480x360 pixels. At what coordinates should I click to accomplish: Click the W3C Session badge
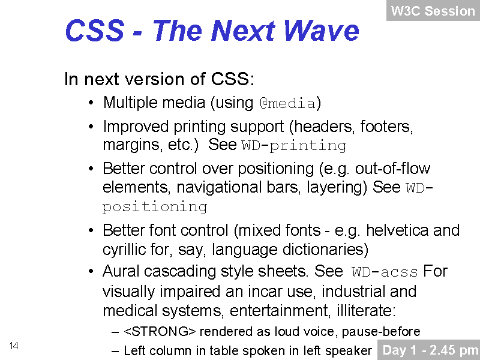pos(433,11)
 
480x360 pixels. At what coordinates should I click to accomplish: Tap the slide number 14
pos(14,346)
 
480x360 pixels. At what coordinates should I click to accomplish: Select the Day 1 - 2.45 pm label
pos(428,350)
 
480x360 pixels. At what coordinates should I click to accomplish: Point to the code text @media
pos(287,103)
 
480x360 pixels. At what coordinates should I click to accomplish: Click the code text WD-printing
pos(294,146)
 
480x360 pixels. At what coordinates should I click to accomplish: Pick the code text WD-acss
pos(385,272)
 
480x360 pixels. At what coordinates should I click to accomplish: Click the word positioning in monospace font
pos(155,207)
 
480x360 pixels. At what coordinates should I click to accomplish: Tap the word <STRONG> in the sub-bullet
pos(160,332)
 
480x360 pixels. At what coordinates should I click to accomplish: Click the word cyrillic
pos(124,250)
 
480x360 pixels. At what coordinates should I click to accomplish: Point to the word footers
pos(386,127)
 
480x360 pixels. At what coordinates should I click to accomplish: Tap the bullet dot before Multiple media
pos(91,103)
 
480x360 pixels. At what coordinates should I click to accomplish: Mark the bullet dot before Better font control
pos(91,231)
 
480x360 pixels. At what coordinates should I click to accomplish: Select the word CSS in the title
pos(95,31)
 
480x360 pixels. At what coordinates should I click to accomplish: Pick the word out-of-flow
pos(393,169)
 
